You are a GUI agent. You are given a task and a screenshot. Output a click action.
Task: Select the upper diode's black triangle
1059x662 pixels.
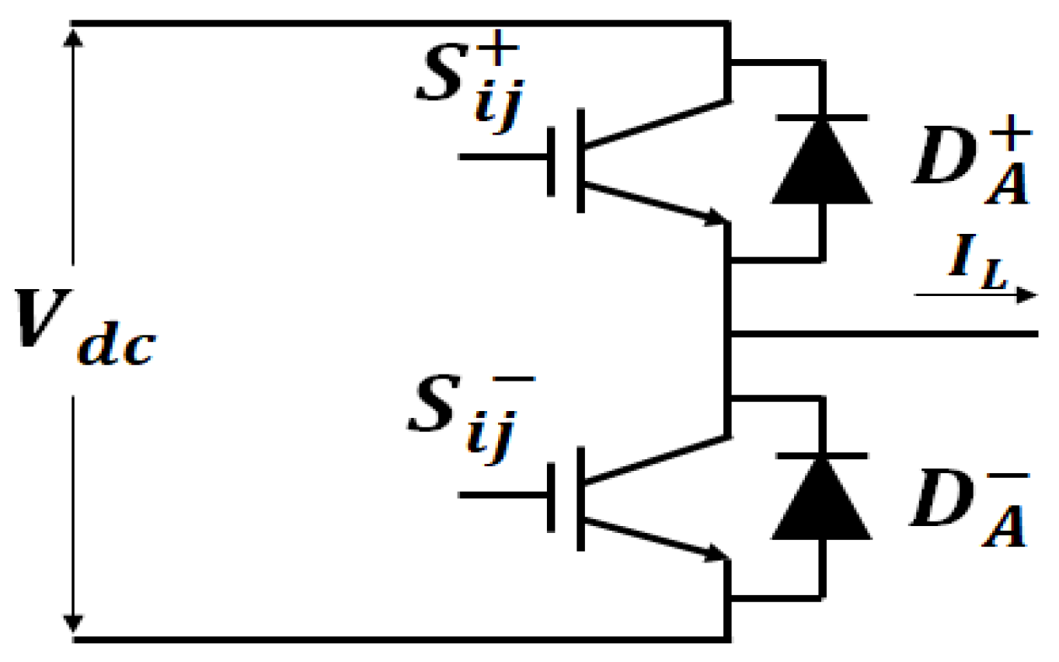821,166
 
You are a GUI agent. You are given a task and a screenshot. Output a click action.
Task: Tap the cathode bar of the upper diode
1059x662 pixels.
821,117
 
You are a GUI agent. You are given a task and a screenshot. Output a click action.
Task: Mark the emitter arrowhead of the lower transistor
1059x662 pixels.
715,555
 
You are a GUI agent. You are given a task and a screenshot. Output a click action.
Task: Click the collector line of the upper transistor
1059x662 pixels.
657,122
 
